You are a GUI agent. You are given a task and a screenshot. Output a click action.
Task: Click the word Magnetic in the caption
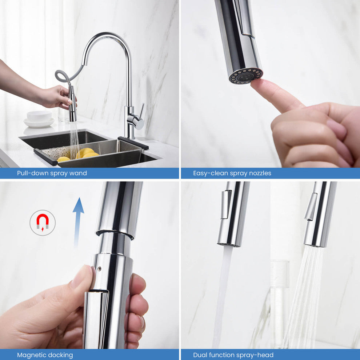point(32,355)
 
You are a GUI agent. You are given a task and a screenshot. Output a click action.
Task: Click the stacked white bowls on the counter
point(39,119)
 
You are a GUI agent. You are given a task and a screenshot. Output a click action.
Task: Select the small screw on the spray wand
point(99,268)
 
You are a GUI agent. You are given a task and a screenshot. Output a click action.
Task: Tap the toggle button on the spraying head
point(311,207)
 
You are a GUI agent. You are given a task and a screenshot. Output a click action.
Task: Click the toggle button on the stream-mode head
point(226,204)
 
